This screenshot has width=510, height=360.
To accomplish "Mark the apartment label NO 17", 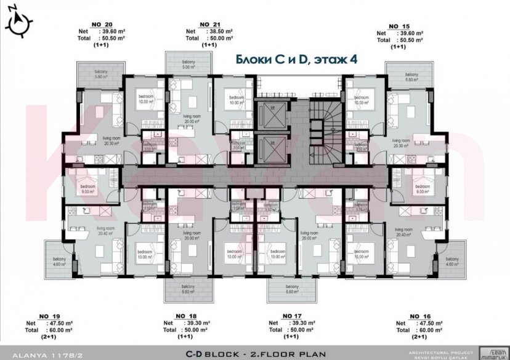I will click(x=291, y=316).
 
